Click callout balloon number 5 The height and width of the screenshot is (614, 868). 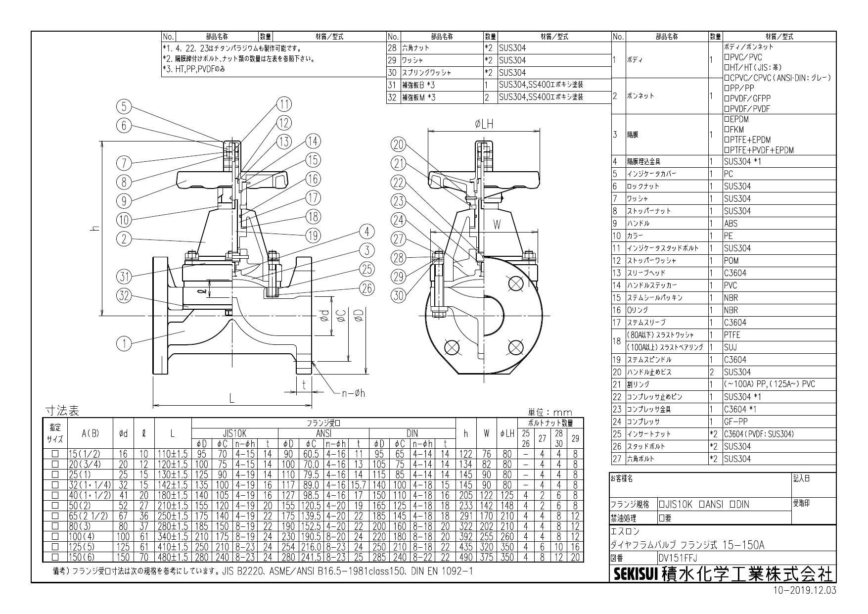(x=124, y=106)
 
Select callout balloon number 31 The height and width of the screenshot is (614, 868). (x=124, y=276)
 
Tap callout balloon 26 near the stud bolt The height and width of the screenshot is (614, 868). (x=366, y=288)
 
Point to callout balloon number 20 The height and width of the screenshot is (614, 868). (x=399, y=144)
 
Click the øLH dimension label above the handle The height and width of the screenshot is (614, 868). (x=483, y=124)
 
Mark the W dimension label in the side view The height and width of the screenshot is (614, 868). (x=497, y=225)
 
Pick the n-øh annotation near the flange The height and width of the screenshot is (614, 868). (x=353, y=393)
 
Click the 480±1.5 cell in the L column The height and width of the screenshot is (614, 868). (x=172, y=558)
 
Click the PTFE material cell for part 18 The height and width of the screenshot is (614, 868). (x=732, y=335)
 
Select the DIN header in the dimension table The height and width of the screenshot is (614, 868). (x=411, y=432)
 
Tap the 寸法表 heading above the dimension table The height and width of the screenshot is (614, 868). (x=62, y=411)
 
